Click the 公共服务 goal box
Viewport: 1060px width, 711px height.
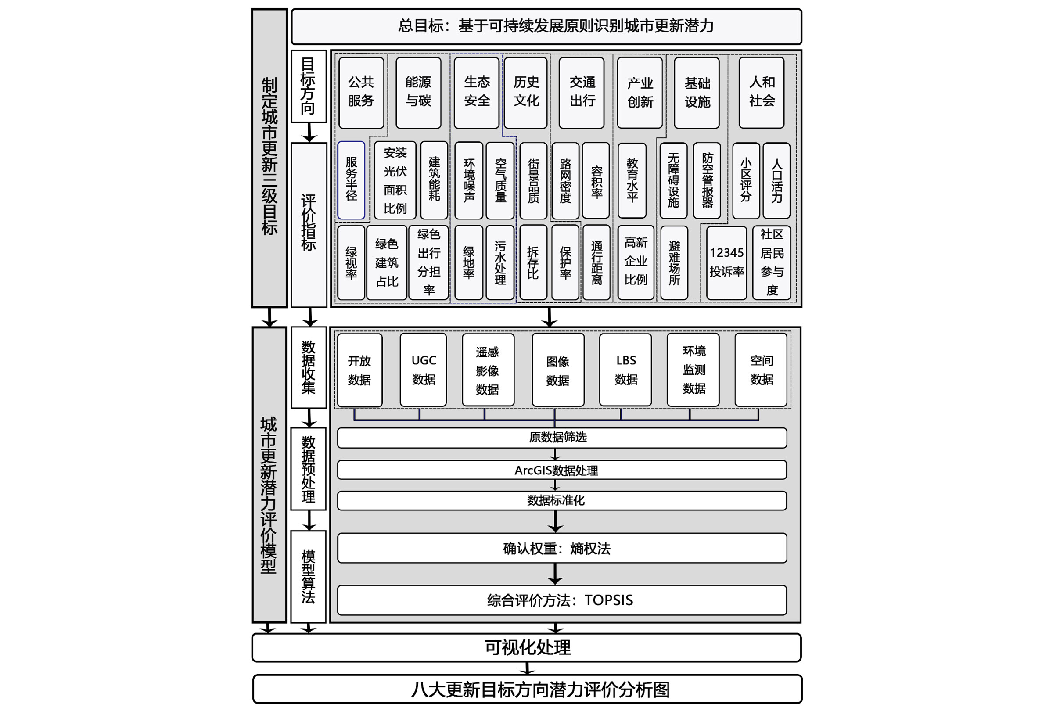click(x=361, y=92)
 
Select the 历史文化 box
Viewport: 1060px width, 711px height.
click(x=526, y=92)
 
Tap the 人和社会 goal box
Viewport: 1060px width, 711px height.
click(x=761, y=92)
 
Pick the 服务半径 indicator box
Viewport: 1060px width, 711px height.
click(x=351, y=180)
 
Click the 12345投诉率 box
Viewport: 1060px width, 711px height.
click(x=726, y=262)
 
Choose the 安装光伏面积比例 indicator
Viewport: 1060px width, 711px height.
click(x=395, y=180)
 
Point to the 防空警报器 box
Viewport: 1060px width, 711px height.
click(x=707, y=180)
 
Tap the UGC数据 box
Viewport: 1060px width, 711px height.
click(x=424, y=370)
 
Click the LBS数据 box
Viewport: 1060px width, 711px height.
click(x=625, y=370)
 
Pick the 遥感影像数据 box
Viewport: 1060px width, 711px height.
click(x=487, y=370)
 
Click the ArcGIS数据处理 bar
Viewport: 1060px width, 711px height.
click(x=562, y=470)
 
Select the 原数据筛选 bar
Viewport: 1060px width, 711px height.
click(x=562, y=438)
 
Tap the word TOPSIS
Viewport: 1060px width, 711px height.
click(x=608, y=600)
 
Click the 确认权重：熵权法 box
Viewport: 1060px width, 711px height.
click(x=562, y=548)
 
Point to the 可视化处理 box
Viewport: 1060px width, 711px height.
click(x=527, y=647)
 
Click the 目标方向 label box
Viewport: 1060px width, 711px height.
click(x=308, y=86)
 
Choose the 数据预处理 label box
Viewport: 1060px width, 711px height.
click(x=308, y=469)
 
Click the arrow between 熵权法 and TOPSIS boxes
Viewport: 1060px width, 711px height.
click(x=555, y=574)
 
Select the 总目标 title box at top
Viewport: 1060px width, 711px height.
click(x=546, y=26)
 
